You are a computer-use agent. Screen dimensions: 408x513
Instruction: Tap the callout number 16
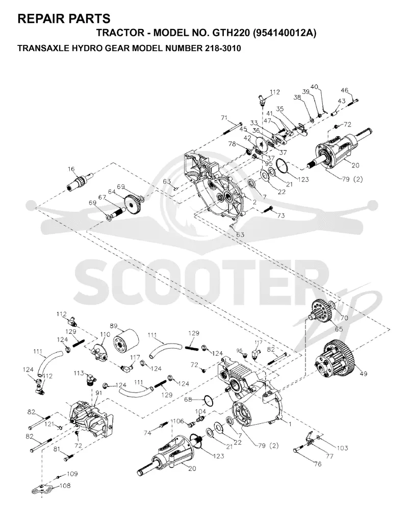pyautogui.click(x=71, y=169)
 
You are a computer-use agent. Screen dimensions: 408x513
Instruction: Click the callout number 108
pyautogui.click(x=65, y=485)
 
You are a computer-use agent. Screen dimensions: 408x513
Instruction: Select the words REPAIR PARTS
pyautogui.click(x=64, y=19)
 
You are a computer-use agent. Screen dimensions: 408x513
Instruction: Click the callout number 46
pyautogui.click(x=345, y=90)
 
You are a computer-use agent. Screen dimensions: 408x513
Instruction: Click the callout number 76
pyautogui.click(x=317, y=464)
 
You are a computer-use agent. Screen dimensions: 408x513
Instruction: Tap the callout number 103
pyautogui.click(x=342, y=448)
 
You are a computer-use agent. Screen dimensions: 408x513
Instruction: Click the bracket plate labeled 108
pyautogui.click(x=43, y=488)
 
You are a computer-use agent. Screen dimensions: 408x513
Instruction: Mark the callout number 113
pyautogui.click(x=79, y=373)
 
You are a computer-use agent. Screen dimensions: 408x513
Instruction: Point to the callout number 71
pyautogui.click(x=224, y=118)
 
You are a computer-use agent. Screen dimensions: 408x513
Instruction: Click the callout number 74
pyautogui.click(x=147, y=433)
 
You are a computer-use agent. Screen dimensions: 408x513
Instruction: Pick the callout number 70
pyautogui.click(x=344, y=317)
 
